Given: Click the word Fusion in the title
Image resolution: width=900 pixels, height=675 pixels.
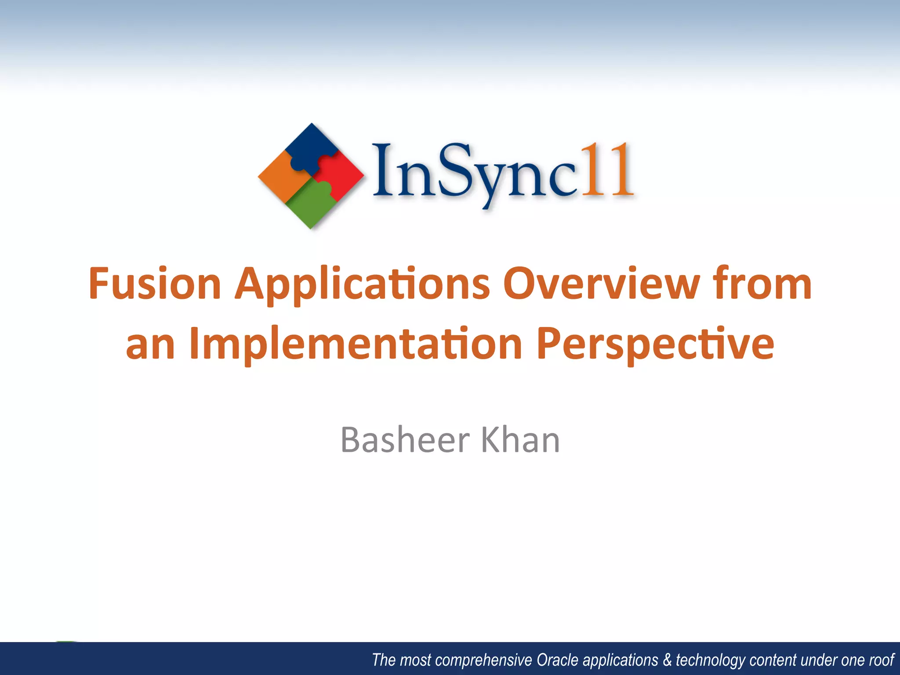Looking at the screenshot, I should [x=155, y=284].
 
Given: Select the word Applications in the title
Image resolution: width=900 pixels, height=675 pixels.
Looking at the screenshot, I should [x=362, y=285].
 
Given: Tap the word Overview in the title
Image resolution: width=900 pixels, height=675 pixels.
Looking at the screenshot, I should [x=601, y=284].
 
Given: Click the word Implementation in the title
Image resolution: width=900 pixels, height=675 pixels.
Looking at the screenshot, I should [x=355, y=345].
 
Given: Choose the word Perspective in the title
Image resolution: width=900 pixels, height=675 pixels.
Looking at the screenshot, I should [x=655, y=345].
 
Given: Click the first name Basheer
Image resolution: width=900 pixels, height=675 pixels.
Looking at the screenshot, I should [x=405, y=439].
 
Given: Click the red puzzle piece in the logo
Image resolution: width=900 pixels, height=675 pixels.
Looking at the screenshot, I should [x=341, y=176].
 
